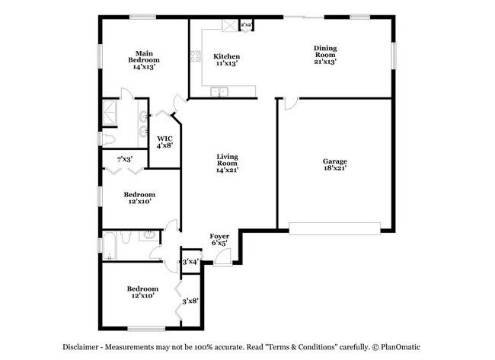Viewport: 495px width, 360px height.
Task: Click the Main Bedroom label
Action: (x=143, y=59)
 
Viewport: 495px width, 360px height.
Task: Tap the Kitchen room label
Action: (x=226, y=60)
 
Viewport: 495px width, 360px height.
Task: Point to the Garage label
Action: (x=334, y=165)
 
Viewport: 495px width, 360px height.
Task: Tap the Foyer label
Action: (x=219, y=241)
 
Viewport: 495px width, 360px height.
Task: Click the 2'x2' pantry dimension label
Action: (x=246, y=25)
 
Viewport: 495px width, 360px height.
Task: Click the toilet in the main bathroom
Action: (x=109, y=139)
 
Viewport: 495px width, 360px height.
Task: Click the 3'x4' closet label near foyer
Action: (x=190, y=262)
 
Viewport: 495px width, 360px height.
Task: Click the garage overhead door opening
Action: (x=334, y=225)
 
